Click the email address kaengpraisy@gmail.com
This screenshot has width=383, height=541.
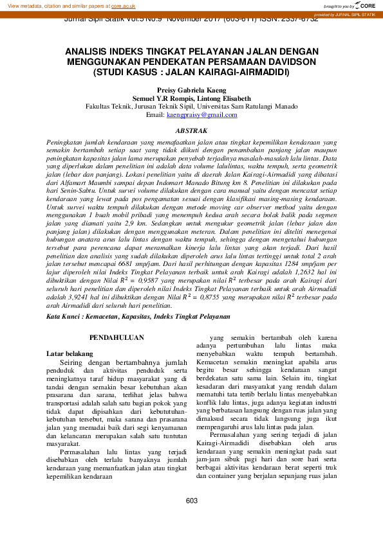point(201,115)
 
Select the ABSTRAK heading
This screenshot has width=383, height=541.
point(191,130)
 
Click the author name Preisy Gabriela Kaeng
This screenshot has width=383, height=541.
point(191,91)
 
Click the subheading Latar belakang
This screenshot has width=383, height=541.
point(70,353)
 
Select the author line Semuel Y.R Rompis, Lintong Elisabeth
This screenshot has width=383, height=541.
point(191,98)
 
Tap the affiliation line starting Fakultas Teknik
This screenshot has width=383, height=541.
point(191,107)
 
